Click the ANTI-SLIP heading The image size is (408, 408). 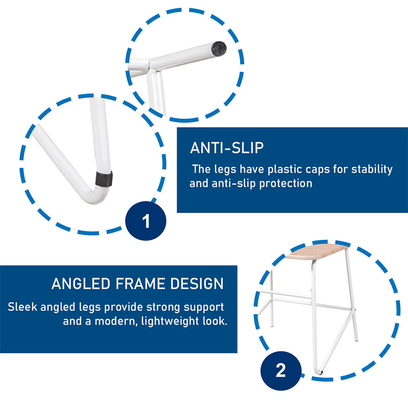pos(227,148)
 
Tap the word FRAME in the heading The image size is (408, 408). pos(140,283)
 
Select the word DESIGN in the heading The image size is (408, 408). pos(197,283)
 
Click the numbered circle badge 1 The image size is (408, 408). pos(146,221)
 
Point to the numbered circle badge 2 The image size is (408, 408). pos(281,370)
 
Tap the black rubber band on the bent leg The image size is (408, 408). pos(104,179)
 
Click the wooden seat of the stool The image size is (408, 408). pos(316,251)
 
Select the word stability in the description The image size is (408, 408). pos(372,170)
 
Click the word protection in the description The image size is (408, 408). pos(286,184)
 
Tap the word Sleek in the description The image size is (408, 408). pos(23,307)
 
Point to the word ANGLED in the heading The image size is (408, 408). pos(81,283)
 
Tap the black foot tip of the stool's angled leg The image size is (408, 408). pos(321,373)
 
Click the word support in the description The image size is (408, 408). pos(204,307)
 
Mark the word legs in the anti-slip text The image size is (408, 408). pos(225,170)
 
